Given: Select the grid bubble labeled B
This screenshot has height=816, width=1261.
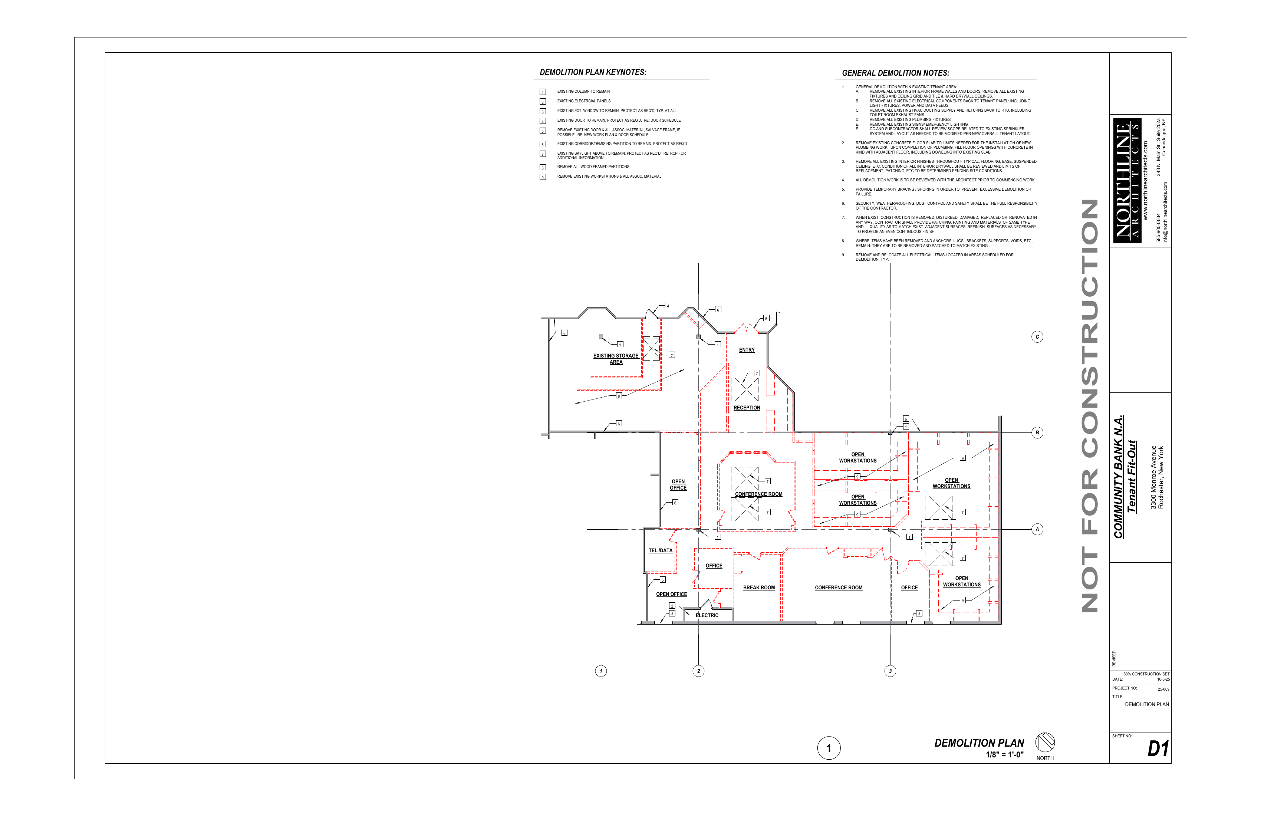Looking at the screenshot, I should (1037, 432).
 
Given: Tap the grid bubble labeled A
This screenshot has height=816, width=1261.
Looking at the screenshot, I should (1037, 529).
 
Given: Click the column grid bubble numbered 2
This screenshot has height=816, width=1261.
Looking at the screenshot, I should (698, 671).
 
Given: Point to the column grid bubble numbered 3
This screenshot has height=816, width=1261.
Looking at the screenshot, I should (890, 671).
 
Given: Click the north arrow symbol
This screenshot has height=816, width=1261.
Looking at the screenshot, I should (1045, 742).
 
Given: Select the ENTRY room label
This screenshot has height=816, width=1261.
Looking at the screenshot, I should (747, 350).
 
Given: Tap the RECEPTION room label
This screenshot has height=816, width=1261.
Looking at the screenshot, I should (747, 408).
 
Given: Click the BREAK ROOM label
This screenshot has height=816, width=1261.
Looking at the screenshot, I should (759, 588).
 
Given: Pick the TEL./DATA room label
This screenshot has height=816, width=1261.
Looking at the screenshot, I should (660, 550).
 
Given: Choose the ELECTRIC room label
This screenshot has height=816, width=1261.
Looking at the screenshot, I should (707, 615).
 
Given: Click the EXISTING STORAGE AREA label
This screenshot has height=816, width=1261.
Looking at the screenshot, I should (616, 359).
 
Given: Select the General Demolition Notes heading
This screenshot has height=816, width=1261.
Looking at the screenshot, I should (895, 73).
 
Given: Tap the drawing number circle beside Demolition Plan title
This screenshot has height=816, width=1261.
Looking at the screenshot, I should (829, 748).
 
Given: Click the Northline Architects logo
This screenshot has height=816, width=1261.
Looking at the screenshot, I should (1127, 181).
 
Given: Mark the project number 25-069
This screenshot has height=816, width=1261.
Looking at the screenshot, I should (1163, 690).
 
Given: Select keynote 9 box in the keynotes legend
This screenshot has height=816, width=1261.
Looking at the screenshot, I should (543, 177).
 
